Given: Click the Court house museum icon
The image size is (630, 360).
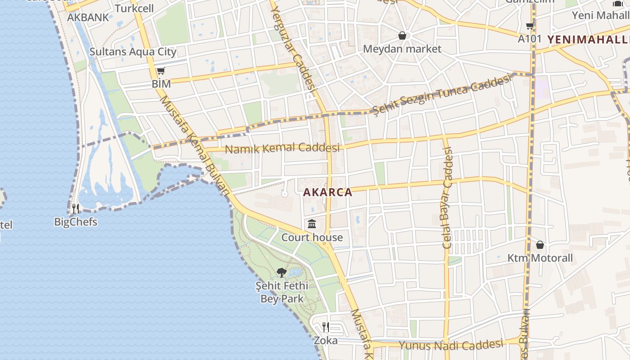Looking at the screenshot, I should coord(312,224).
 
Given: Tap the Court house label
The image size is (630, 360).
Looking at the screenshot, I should coord(312,237).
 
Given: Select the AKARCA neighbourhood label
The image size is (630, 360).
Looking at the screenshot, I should coord(328,192).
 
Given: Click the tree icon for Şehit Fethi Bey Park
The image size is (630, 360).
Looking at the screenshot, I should coord(282,272).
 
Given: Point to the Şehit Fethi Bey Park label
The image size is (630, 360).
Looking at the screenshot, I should coord(282,292).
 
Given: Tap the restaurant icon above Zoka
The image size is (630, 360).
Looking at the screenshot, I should coord(326,327).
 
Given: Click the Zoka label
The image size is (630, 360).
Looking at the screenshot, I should coord(326,341).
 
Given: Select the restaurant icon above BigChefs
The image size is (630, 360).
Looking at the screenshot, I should coord(76,208).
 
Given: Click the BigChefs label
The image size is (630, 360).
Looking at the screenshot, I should coord(76,222).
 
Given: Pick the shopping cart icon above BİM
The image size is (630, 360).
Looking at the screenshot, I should coord(161,71).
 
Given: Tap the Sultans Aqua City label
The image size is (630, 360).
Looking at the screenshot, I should coord(133,51).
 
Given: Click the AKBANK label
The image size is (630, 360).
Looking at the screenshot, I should coord(88,18).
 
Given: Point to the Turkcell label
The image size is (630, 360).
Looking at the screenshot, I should coord(134,9).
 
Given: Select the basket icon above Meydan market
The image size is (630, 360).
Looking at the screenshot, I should coord(402,35).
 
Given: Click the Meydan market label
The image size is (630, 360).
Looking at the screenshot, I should coord(402,49).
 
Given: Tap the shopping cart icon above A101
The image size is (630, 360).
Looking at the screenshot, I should coord(530,26).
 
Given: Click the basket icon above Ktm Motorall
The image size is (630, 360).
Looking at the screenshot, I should coord(540,245).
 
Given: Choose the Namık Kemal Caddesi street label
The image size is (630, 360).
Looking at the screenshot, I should coord(282,148).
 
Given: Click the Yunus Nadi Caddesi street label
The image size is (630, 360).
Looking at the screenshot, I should coord(451,345).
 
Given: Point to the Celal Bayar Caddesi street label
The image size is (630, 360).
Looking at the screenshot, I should coord(447,198).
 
